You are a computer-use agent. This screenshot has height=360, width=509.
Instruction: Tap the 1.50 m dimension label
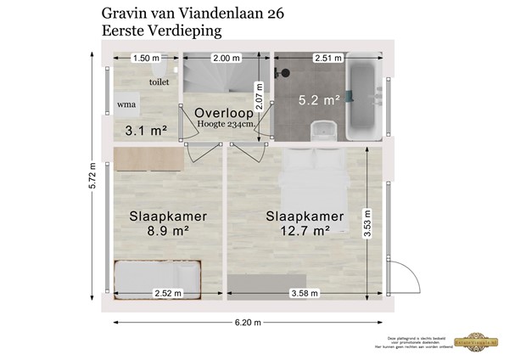147,58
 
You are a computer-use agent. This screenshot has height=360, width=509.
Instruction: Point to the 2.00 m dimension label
225,58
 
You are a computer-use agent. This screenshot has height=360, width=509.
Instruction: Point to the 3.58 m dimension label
303,294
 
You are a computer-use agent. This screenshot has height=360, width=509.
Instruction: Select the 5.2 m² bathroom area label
319,100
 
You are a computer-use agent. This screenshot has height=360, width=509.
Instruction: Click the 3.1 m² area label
146,131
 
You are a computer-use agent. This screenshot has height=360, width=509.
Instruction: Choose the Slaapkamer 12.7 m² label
297,223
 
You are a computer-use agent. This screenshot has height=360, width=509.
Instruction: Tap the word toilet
159,82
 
